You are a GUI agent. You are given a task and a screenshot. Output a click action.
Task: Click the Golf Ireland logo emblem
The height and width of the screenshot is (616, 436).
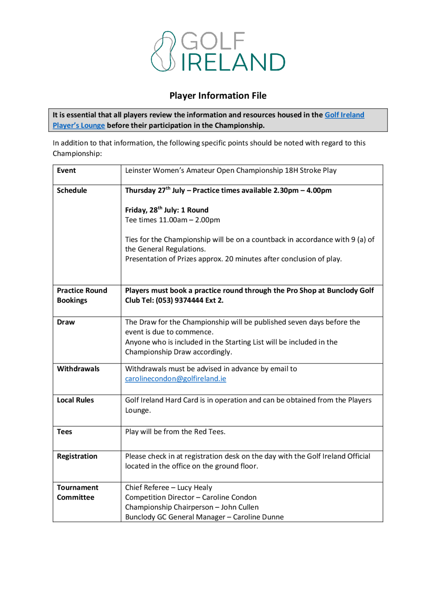tap(163, 51)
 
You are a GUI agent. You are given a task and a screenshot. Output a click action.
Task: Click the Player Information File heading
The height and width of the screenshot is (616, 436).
tap(218, 96)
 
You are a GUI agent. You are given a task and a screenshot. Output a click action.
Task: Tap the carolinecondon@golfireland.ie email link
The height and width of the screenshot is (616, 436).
tap(175, 379)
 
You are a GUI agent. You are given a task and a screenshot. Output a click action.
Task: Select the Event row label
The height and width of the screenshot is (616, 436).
tap(66, 170)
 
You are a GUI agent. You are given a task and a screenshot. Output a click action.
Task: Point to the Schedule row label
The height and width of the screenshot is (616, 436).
tap(72, 190)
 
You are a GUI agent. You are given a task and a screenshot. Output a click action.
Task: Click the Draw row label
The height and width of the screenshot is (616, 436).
tap(66, 322)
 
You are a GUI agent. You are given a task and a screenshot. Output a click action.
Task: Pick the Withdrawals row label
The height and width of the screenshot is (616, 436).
tap(78, 369)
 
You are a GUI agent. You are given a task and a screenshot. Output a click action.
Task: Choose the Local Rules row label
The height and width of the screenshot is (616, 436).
tap(75, 400)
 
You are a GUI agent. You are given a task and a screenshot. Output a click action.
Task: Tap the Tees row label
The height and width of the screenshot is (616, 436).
tap(65, 431)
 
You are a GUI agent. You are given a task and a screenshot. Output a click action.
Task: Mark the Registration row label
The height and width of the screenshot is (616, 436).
tap(77, 456)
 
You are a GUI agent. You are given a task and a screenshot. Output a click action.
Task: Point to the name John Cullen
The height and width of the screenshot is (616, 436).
tap(240, 507)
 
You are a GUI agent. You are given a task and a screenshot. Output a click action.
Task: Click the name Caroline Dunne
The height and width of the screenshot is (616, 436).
tap(258, 517)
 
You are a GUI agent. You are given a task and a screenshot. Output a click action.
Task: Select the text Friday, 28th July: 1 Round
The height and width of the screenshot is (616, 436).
tap(167, 210)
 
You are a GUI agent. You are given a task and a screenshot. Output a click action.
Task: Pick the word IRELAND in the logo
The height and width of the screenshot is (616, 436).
tap(233, 62)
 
